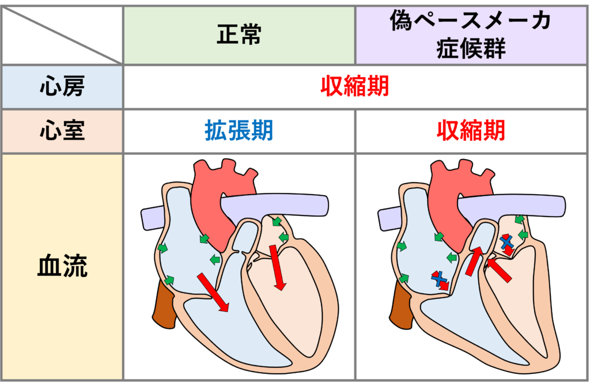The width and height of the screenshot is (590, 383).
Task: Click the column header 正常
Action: point(239,35)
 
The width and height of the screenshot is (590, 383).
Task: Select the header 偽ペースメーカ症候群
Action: point(470,35)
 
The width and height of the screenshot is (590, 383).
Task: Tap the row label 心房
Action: point(62,87)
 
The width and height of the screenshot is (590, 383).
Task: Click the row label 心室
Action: point(62,131)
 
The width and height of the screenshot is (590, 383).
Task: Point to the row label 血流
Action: point(62,267)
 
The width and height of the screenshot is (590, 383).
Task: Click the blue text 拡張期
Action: point(239,131)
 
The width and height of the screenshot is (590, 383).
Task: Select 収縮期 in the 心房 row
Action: point(354,87)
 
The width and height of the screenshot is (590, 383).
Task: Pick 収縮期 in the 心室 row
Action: point(470,131)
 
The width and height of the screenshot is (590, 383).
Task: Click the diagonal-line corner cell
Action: point(62,35)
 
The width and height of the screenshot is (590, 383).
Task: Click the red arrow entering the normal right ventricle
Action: point(213,292)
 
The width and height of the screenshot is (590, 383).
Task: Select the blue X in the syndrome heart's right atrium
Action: point(440,279)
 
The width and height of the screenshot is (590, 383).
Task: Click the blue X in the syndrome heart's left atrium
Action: point(507,242)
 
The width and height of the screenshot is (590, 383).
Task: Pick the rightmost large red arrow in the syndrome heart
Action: point(499,270)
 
